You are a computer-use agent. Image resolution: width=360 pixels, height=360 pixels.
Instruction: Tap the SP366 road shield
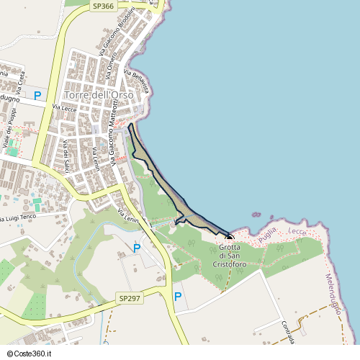[x=103, y=5]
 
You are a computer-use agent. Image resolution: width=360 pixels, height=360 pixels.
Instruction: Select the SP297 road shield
[x=128, y=297]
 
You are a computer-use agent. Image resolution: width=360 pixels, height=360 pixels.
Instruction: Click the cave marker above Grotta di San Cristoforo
[x=230, y=238]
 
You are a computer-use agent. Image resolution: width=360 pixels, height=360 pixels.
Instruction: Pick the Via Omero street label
[x=112, y=67]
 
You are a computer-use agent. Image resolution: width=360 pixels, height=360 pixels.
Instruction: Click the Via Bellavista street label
[x=137, y=81]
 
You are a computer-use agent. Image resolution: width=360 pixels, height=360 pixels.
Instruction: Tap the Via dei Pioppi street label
[x=11, y=130]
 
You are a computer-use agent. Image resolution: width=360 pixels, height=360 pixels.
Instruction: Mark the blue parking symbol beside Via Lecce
[x=37, y=95]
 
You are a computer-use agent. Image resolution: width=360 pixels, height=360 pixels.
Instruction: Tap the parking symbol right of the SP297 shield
[x=177, y=295]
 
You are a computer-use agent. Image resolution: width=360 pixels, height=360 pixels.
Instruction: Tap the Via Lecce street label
[x=65, y=108]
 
